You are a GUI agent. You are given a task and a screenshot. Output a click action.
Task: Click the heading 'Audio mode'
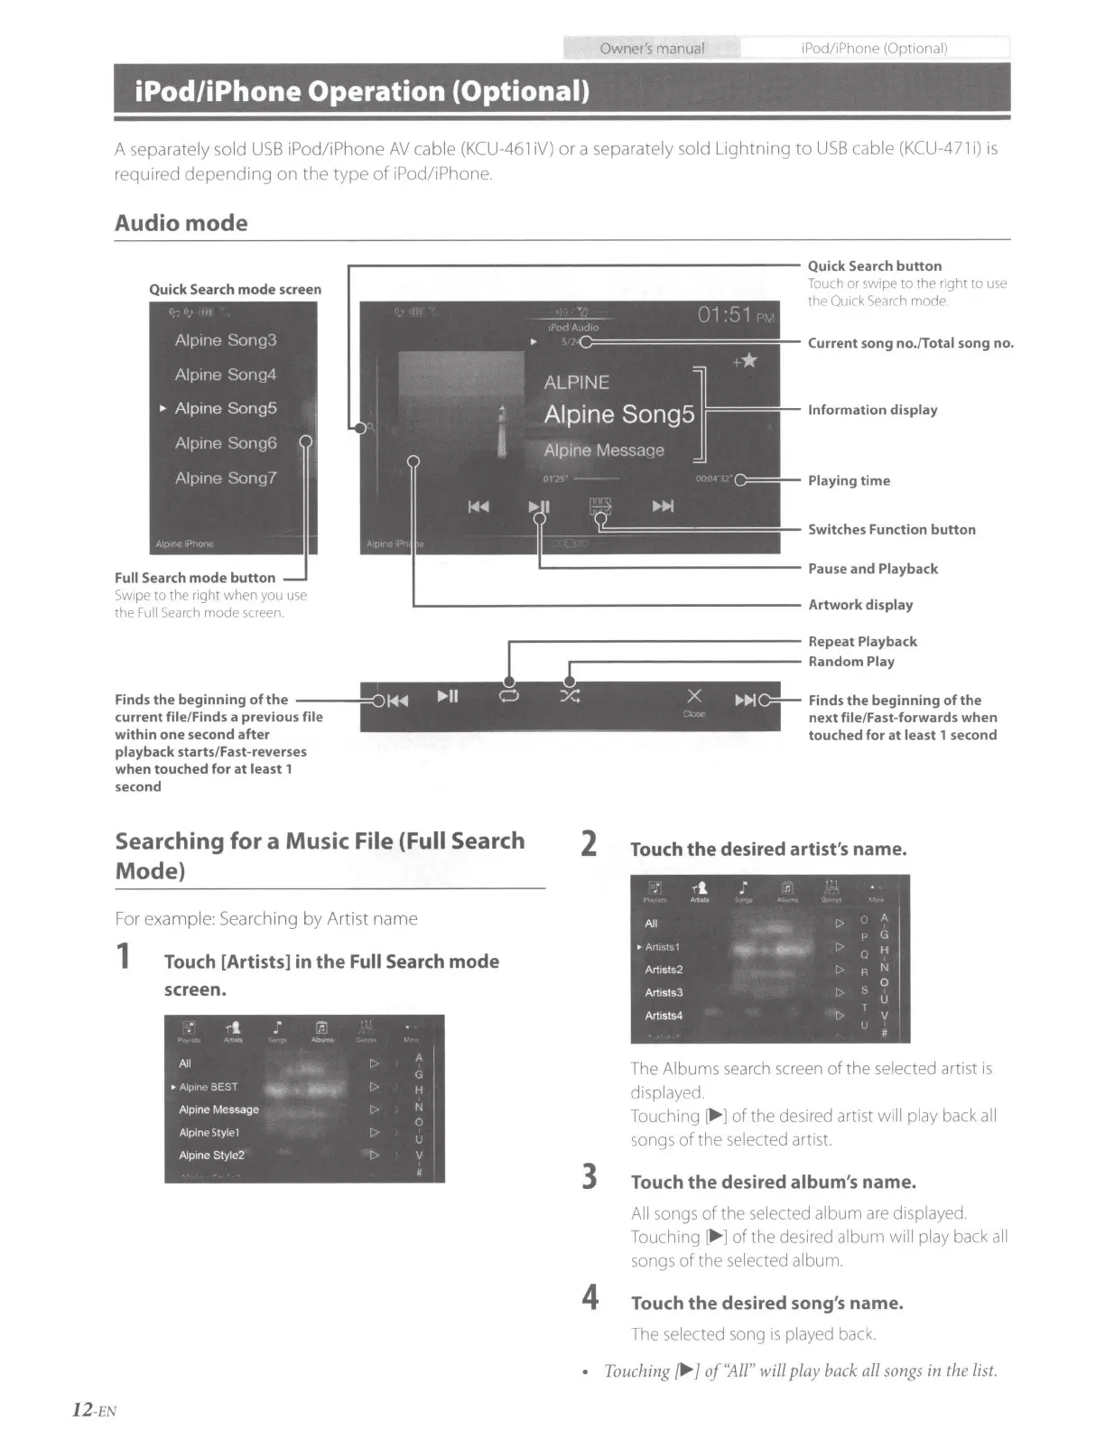[x=181, y=223]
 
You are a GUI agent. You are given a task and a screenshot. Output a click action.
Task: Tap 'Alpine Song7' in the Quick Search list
[x=226, y=478]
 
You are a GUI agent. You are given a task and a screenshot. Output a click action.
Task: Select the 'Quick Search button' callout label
[x=874, y=265]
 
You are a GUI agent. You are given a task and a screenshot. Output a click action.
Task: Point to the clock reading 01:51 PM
[x=735, y=315]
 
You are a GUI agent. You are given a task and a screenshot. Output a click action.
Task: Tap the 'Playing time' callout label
[x=848, y=480]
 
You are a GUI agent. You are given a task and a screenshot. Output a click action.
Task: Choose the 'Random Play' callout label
[x=850, y=661]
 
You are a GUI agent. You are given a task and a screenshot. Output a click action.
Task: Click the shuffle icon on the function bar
[x=570, y=696]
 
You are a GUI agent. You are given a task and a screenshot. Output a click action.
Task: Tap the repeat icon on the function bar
[x=509, y=696]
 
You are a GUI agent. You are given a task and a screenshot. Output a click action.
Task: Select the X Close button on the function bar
[x=693, y=700]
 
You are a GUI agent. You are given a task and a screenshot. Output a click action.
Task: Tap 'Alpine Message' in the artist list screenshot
[x=218, y=1110]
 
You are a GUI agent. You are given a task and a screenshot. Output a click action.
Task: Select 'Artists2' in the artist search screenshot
[x=664, y=970]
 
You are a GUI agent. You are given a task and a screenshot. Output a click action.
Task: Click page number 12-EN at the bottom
[x=95, y=1409]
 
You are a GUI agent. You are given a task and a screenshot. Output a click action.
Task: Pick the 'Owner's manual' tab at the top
[x=651, y=48]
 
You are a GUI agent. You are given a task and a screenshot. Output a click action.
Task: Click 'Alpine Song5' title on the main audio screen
[x=619, y=414]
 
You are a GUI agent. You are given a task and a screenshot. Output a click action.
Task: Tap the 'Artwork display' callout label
[x=859, y=605]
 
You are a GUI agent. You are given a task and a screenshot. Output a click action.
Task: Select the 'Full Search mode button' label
[x=195, y=578]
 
